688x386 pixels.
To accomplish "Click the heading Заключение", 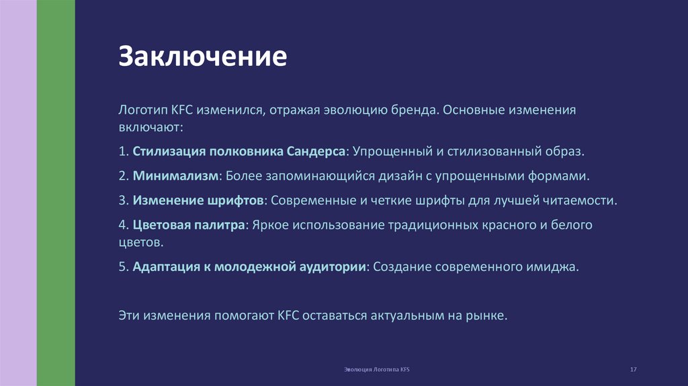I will [203, 56].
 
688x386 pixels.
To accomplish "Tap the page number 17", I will [633, 371].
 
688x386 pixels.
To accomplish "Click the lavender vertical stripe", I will [18, 193].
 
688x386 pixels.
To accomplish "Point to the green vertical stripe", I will [56, 193].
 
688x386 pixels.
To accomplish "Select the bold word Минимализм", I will [176, 176].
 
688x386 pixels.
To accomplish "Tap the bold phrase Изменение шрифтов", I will [199, 200].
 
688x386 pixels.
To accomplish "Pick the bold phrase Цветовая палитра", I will [189, 225].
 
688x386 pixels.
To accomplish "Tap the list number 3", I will [123, 200].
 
